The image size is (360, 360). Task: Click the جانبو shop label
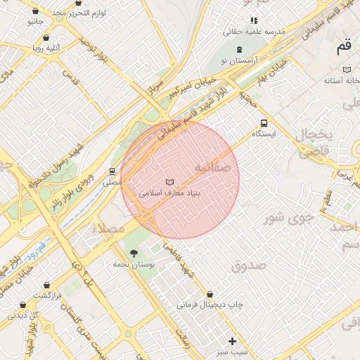tap(35, 22)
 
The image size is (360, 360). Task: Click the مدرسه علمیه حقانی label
tap(254, 32)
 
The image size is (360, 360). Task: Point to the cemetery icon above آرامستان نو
tap(240, 49)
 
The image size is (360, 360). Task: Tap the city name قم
tap(343, 47)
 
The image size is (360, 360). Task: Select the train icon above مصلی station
tap(112, 171)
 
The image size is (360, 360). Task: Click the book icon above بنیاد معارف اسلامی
tap(169, 182)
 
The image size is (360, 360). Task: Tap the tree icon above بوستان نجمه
tap(133, 253)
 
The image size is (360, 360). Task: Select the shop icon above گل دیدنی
tap(24, 306)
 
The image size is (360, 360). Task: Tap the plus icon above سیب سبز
tap(233, 341)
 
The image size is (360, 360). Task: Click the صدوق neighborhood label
tap(247, 266)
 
